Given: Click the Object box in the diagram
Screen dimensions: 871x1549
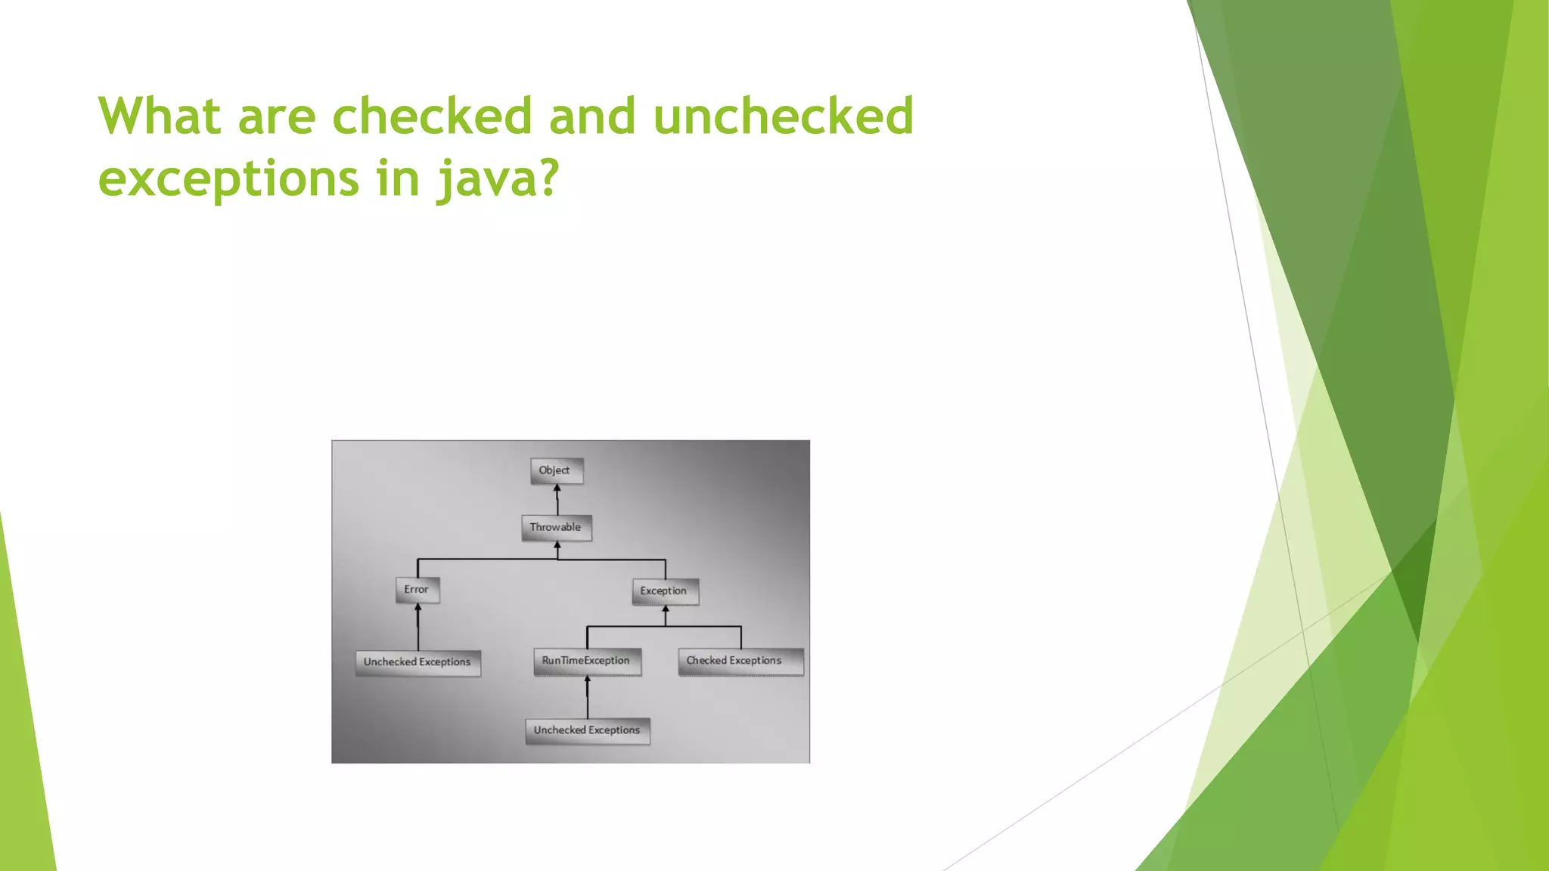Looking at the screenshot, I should (x=556, y=470).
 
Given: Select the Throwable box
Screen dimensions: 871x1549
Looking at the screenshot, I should (x=556, y=527).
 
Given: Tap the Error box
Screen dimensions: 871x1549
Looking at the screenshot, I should (x=417, y=590).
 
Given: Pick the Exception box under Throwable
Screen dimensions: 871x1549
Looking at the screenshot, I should (x=664, y=591).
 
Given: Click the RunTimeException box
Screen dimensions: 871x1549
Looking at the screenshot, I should (x=587, y=661).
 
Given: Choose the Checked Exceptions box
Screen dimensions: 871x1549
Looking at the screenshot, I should (x=740, y=661).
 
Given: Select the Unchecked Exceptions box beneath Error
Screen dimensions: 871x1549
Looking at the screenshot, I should (x=418, y=662).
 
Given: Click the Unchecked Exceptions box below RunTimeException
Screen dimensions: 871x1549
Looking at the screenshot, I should (x=588, y=730).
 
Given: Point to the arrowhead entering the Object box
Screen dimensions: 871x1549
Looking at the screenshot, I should (x=557, y=488).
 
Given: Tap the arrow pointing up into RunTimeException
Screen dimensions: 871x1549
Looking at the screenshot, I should (x=588, y=696).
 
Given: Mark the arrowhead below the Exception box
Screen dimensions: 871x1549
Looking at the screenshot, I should (x=666, y=609).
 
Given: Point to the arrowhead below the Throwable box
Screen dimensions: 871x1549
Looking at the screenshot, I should (x=557, y=545).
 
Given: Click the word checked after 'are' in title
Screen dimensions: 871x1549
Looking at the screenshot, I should (x=432, y=116).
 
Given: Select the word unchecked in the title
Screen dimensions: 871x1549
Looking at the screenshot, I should (x=783, y=116).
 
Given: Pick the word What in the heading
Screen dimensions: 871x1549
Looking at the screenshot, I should (x=160, y=116).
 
